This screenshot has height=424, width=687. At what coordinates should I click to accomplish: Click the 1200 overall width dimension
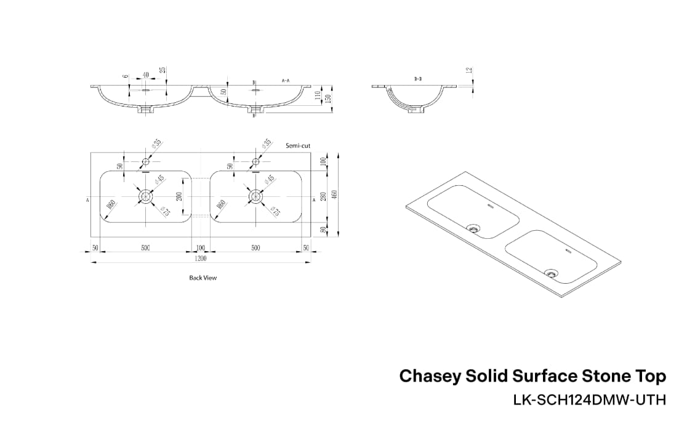201,259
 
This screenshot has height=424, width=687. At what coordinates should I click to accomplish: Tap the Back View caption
203,278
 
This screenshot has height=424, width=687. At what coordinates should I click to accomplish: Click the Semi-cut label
298,146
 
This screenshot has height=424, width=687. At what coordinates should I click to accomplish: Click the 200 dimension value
179,196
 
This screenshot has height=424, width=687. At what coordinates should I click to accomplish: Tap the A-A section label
286,81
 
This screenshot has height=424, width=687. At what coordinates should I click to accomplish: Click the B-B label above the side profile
417,79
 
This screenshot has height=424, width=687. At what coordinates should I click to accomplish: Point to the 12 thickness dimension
469,71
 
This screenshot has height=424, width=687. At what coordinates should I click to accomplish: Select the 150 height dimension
329,98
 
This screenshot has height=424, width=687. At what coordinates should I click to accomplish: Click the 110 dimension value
318,95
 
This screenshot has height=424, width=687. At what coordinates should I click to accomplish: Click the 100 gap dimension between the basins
201,248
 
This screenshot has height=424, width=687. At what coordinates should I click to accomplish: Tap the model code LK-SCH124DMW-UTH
589,400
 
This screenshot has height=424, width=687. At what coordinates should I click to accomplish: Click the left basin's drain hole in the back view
146,196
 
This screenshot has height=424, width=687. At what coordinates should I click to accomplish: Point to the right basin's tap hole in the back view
255,162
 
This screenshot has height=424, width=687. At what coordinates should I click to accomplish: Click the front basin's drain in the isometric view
550,273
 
